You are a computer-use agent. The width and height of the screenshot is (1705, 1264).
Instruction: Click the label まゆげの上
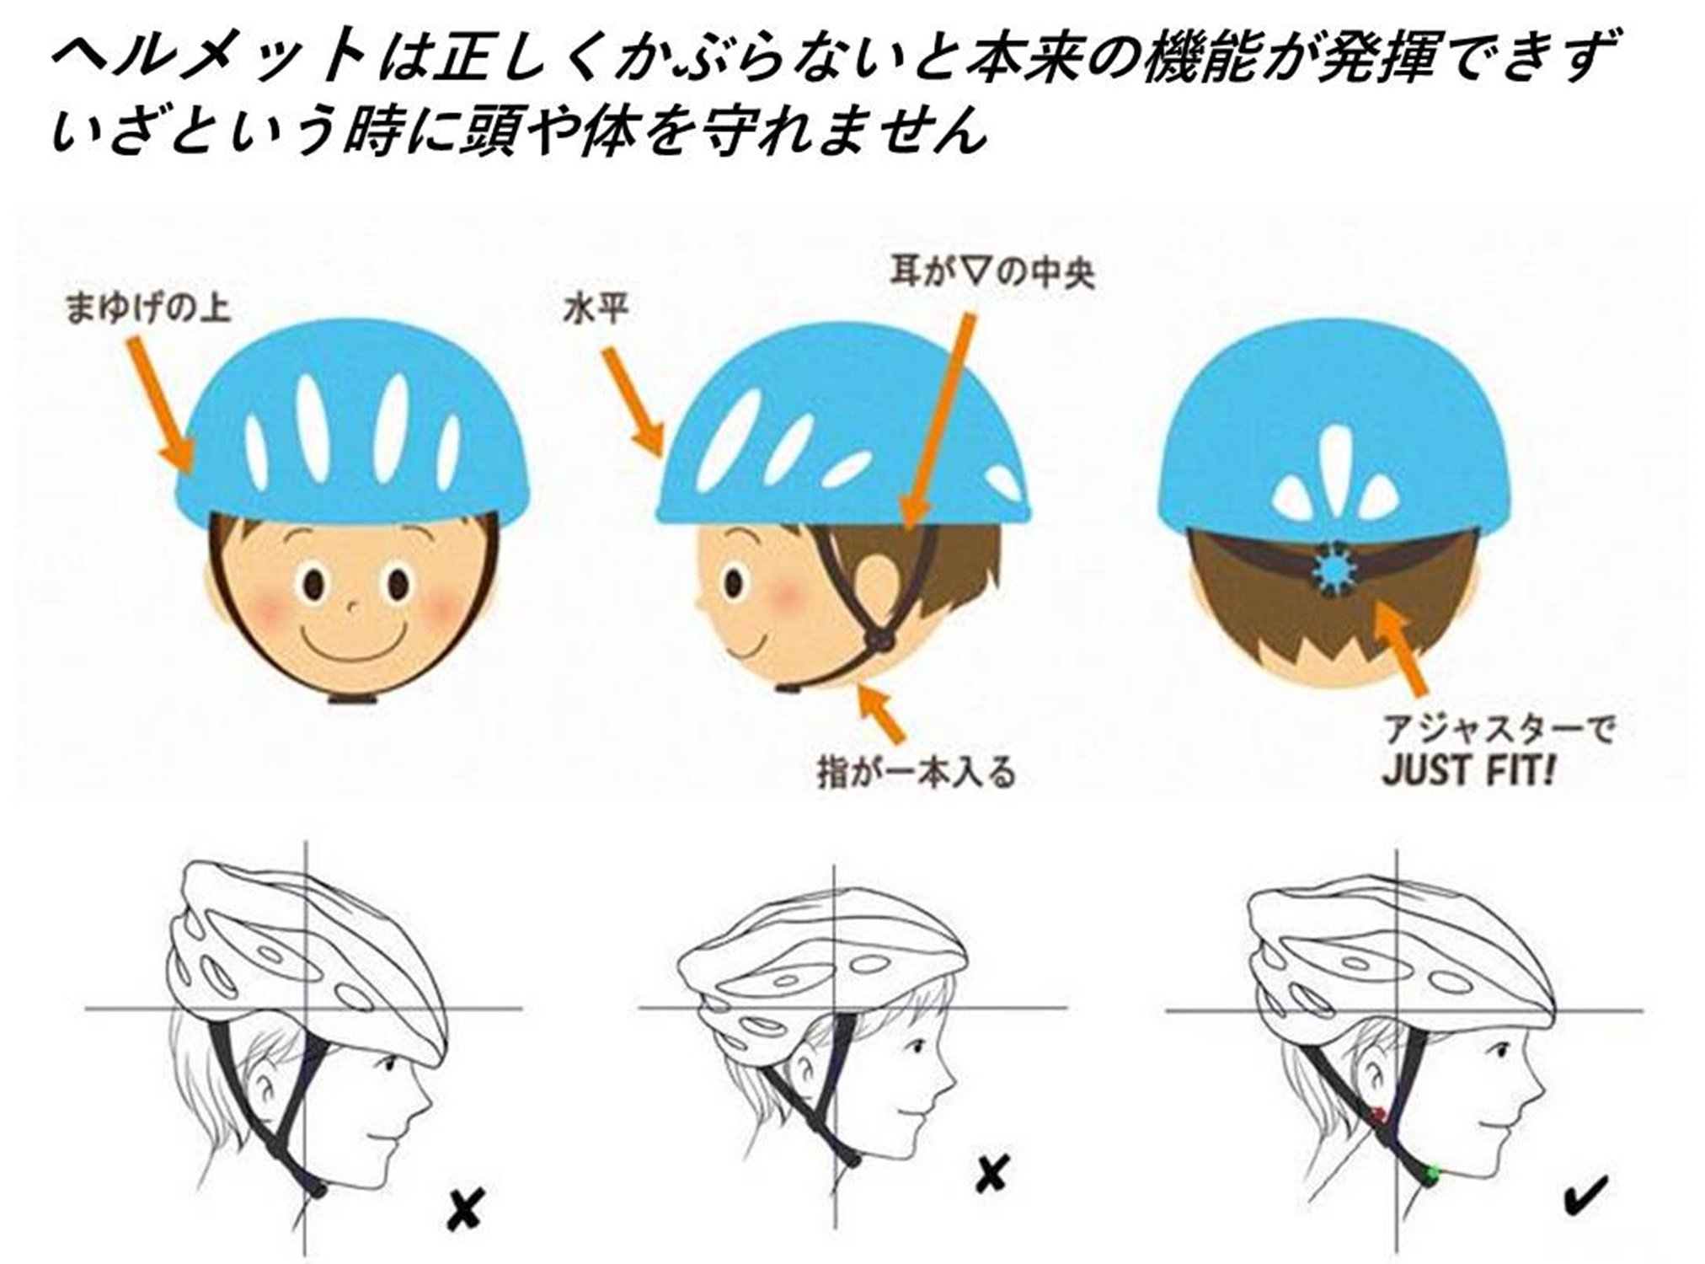click(x=147, y=308)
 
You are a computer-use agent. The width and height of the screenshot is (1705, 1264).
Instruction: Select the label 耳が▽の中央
click(x=992, y=274)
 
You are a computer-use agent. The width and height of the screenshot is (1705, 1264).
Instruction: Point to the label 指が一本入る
click(x=916, y=773)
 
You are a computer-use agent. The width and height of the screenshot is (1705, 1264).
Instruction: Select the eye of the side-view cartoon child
click(x=734, y=582)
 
